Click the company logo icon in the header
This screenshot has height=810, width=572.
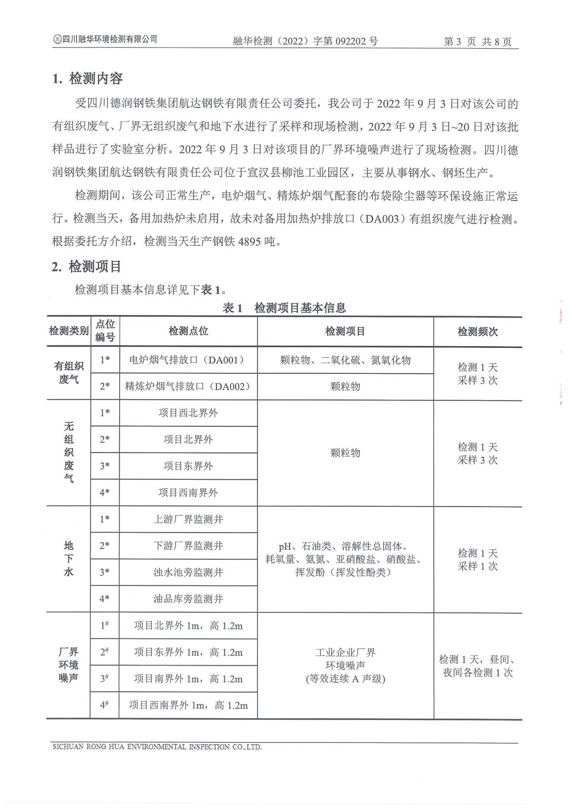click(57, 40)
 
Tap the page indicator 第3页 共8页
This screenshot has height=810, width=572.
click(477, 42)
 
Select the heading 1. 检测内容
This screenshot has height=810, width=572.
click(87, 79)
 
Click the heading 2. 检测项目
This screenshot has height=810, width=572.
click(86, 267)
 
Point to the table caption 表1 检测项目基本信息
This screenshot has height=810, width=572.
click(284, 308)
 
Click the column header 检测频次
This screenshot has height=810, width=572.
click(477, 332)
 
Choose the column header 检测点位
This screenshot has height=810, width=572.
click(188, 331)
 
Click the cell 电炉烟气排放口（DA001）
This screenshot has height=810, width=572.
click(188, 360)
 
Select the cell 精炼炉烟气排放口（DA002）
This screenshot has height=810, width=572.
click(188, 386)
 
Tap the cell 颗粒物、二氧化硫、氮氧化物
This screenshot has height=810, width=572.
click(345, 360)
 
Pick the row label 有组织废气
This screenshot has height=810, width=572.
click(69, 373)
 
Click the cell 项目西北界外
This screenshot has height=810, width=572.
click(188, 413)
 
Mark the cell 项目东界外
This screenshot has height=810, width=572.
click(188, 466)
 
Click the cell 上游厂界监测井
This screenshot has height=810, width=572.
click(188, 519)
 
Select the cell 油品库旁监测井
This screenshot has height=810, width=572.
click(188, 599)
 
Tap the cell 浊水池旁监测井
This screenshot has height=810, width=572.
click(188, 572)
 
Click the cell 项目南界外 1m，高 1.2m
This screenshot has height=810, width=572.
click(188, 678)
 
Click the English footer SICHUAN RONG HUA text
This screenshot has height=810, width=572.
click(157, 747)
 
